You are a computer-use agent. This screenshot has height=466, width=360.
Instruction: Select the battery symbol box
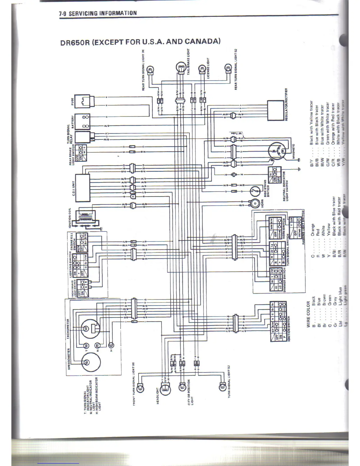tap(83, 121)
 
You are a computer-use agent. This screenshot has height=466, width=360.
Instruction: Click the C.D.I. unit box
tap(83, 188)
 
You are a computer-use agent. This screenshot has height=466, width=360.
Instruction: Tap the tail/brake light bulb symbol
tap(180, 68)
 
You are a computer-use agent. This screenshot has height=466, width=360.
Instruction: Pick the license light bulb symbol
tap(201, 69)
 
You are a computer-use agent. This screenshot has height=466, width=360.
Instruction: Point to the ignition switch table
tap(278, 321)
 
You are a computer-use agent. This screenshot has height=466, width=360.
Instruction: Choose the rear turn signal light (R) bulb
tap(150, 70)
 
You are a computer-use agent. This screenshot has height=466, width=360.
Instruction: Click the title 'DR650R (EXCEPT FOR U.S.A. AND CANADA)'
tap(140, 41)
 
